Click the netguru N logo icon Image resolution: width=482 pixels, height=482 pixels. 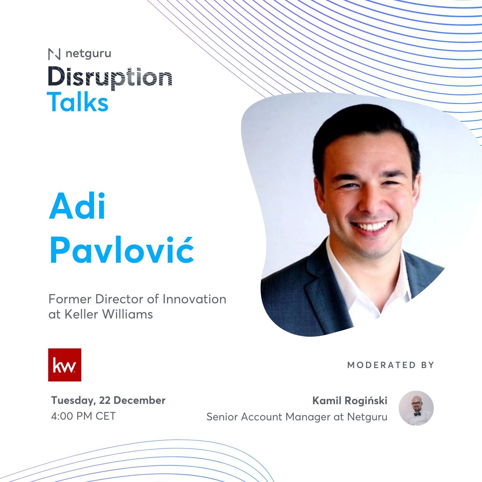coord(54,54)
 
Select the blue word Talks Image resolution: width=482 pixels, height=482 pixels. coord(77,102)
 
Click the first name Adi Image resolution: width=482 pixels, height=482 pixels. coord(77,206)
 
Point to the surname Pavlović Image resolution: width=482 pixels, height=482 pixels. coord(122,249)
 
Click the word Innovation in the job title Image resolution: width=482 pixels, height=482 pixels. coord(195,299)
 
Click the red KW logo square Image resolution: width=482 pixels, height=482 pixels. coord(64,365)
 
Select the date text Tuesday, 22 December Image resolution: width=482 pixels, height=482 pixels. coord(108,400)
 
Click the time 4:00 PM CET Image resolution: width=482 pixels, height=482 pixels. coord(83,416)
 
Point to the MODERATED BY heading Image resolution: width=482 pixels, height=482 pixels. coord(390,365)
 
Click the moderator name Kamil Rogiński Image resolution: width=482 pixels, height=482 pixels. coord(350,401)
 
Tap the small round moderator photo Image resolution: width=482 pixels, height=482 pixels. coord(416,408)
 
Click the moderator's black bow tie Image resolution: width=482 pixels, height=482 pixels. coord(417,414)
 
